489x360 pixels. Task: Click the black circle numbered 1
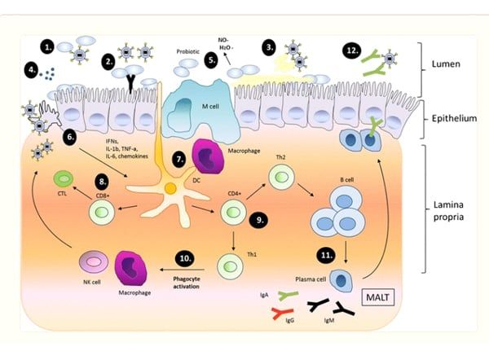click(x=50, y=47)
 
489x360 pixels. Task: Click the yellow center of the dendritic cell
click(x=170, y=189)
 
